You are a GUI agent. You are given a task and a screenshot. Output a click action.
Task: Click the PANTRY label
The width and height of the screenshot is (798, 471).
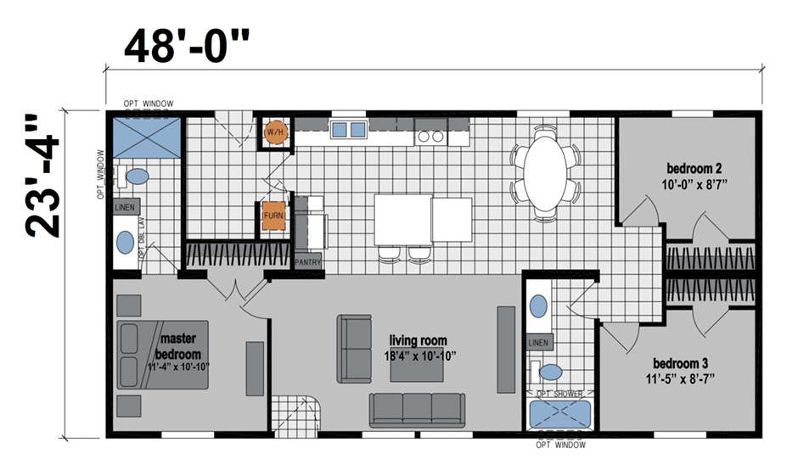(x=309, y=263)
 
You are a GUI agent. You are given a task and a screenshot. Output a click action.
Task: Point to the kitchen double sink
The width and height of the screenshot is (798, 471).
(x=348, y=130)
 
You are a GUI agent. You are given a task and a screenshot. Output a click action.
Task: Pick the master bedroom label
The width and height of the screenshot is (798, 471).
(x=178, y=346)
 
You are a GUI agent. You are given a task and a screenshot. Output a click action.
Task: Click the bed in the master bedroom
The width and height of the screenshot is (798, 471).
(x=161, y=355)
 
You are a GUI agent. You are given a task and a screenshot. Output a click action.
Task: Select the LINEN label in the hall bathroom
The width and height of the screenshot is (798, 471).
(x=539, y=343)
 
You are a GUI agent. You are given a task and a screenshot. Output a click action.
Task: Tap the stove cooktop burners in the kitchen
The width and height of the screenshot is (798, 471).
(x=430, y=136)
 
